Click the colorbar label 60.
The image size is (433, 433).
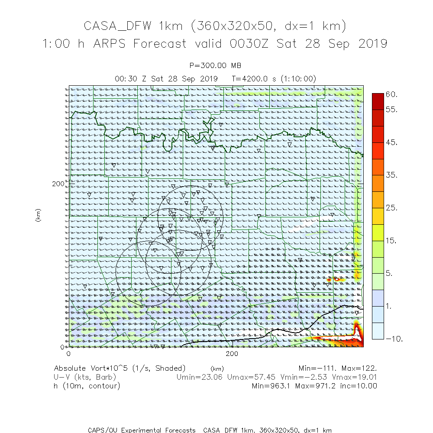[x=391, y=94]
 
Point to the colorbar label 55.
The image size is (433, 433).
[x=391, y=110]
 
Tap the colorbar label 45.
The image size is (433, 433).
[x=391, y=142]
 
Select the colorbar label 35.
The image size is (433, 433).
[x=391, y=175]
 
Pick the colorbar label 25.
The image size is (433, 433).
[x=391, y=208]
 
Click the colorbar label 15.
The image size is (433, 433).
[x=391, y=241]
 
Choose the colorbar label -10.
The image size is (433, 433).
[x=394, y=339]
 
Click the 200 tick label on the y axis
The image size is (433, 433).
[x=58, y=184]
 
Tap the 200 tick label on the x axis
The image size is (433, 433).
[x=233, y=354]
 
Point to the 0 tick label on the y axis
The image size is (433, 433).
[x=62, y=347]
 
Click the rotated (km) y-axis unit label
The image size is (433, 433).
[x=38, y=215]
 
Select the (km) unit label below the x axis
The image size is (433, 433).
[x=217, y=368]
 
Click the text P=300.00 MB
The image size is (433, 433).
[x=216, y=66]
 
